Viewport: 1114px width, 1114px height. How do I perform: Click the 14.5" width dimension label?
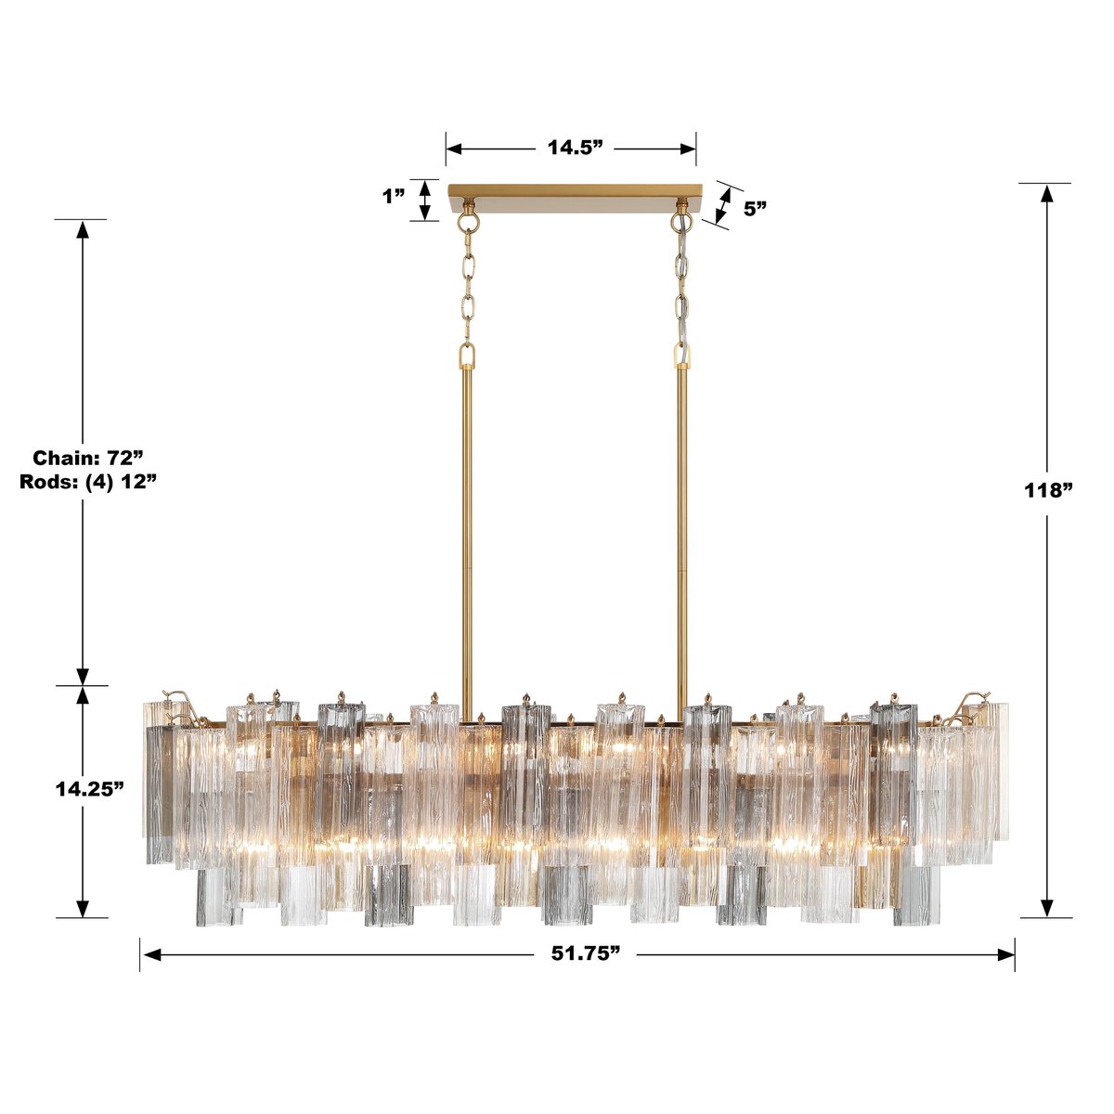(575, 148)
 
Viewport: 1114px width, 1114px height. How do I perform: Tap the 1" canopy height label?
(394, 197)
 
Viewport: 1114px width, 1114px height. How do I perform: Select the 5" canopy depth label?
(755, 209)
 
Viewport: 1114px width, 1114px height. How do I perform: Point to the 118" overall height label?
(1048, 490)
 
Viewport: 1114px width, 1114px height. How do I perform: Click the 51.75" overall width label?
(578, 954)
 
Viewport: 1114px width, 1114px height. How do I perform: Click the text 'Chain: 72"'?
(89, 458)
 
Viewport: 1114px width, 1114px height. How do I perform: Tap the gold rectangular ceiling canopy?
(575, 197)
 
